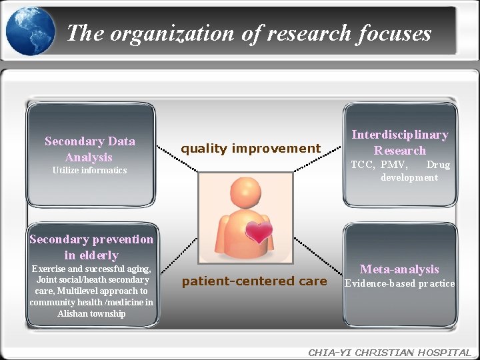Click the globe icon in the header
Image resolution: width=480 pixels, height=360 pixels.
[x=30, y=31]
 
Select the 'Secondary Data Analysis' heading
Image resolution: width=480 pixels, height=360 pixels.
[x=89, y=149]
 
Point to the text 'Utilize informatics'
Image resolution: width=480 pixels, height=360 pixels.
[x=89, y=171]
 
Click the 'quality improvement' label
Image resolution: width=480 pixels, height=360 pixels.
[x=251, y=149]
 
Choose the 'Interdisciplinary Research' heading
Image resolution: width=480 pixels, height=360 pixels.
[x=400, y=142]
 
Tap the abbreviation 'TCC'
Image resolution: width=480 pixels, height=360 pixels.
[x=363, y=165]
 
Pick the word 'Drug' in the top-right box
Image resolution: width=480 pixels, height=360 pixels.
[x=438, y=165]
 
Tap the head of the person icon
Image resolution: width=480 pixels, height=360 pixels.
[x=246, y=193]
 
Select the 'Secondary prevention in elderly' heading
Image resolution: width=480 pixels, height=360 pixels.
[x=91, y=247]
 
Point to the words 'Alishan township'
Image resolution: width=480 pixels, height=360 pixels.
[x=91, y=313]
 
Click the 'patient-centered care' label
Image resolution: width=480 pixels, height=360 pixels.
[x=254, y=281]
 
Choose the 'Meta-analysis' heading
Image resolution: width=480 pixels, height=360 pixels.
[x=399, y=269]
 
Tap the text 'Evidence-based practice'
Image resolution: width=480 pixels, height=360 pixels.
[x=399, y=284]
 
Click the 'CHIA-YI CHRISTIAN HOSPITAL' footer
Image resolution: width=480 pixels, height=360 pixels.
[x=389, y=353]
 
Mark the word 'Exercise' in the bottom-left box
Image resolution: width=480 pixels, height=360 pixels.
[x=49, y=269]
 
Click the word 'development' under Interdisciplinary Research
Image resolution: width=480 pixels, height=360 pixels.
[x=409, y=177]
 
